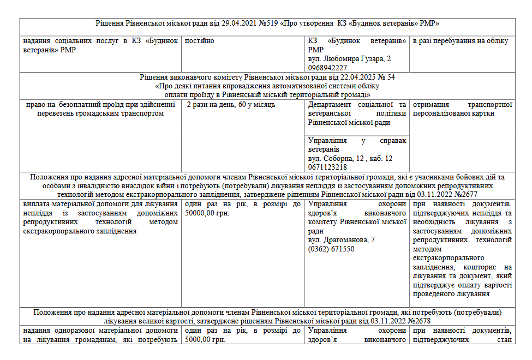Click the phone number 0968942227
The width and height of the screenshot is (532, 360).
327,68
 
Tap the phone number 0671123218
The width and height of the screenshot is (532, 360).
327,167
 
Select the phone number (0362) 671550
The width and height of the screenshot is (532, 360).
331,249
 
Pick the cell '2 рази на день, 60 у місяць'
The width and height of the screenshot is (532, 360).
231,104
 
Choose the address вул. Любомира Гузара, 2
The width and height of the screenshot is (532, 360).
349,58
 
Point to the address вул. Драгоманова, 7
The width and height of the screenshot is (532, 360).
341,239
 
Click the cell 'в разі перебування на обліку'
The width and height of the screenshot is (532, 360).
461,41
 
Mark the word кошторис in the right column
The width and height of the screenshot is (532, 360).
480,267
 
